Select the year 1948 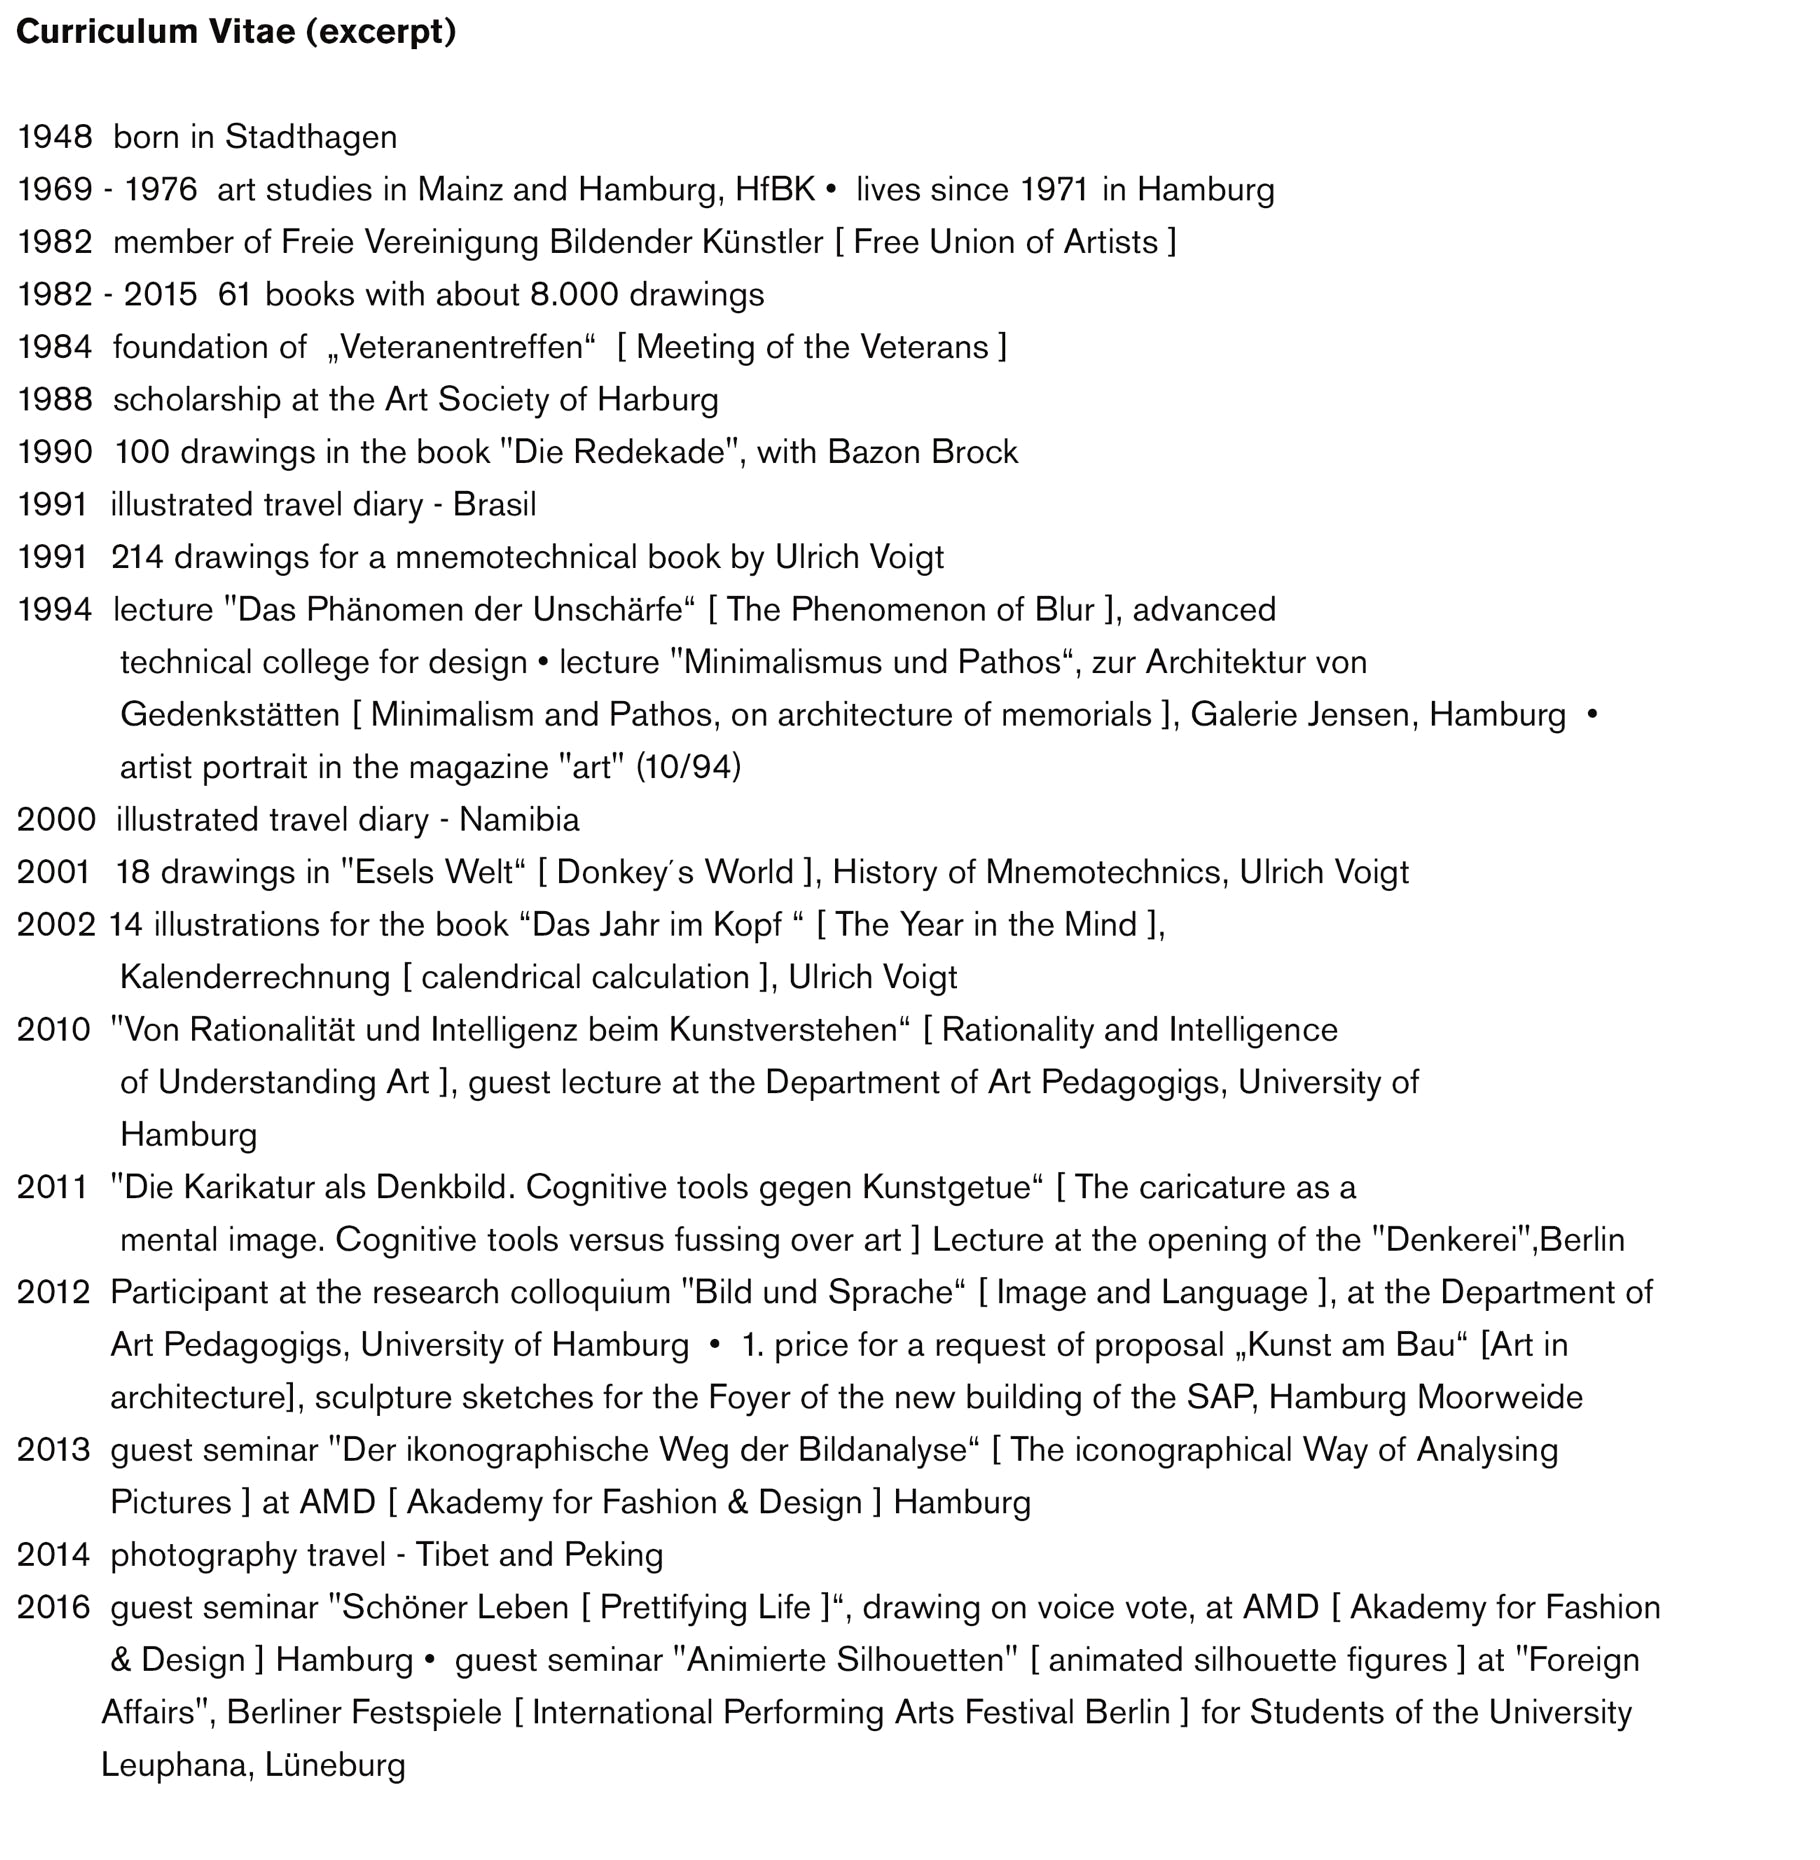coord(55,137)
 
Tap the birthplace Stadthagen coord(311,137)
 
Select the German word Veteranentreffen coord(461,347)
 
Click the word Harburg coord(657,400)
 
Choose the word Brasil coord(494,505)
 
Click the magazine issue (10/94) coord(688,767)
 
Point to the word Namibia coord(519,820)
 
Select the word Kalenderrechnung coord(255,977)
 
